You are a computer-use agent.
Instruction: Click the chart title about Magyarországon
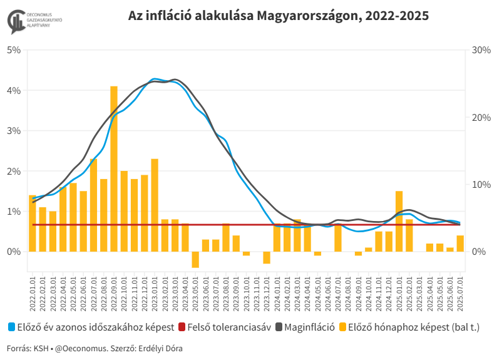(x=278, y=16)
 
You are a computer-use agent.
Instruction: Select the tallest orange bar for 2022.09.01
(x=114, y=169)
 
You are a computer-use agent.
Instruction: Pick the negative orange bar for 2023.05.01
(x=195, y=259)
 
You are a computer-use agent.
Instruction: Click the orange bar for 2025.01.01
(x=399, y=221)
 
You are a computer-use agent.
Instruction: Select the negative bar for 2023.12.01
(x=267, y=257)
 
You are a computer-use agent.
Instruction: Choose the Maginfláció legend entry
(x=309, y=327)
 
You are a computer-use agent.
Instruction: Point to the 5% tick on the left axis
(x=14, y=50)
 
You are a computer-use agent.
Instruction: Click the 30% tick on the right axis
(x=480, y=50)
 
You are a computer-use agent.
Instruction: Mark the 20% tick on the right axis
(x=480, y=117)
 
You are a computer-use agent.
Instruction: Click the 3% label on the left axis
(x=14, y=131)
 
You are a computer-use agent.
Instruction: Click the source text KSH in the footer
(x=41, y=347)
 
